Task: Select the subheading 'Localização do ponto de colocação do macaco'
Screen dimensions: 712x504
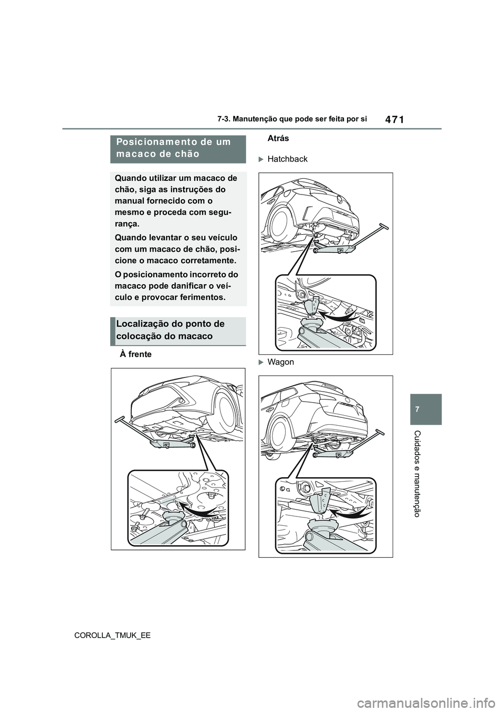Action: point(178,330)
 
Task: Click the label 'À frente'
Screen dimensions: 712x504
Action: point(135,354)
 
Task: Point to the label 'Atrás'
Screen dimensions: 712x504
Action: point(278,138)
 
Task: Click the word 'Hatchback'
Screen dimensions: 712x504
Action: point(287,159)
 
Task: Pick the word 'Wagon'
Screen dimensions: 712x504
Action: point(280,362)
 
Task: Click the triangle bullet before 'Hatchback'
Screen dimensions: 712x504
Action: point(262,159)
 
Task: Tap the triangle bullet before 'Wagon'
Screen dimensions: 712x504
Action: point(262,362)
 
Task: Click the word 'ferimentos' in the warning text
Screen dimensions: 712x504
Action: point(197,298)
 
